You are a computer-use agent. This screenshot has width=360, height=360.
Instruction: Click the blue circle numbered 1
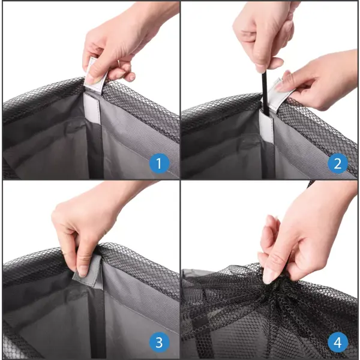(x=159, y=163)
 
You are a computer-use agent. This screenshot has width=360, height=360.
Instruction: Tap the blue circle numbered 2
(x=337, y=163)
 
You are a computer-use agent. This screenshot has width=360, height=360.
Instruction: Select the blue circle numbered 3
(x=159, y=343)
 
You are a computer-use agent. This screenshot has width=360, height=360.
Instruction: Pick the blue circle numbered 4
(x=337, y=343)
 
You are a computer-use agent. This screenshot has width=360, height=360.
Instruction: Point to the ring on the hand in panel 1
(x=118, y=63)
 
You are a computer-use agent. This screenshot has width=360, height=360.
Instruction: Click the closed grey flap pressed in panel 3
(x=88, y=271)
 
